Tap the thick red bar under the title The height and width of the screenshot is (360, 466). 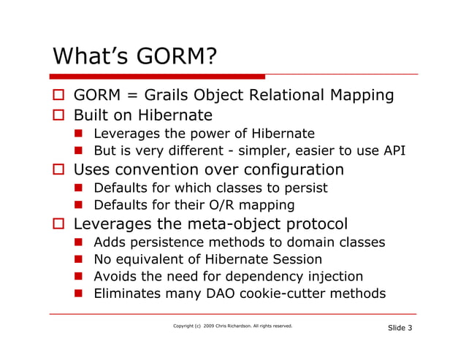(157, 76)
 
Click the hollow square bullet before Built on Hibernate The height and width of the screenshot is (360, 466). (58, 115)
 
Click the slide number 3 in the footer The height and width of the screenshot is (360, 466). (410, 328)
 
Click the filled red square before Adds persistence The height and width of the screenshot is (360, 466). (78, 242)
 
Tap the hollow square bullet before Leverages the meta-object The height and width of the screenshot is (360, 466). (58, 224)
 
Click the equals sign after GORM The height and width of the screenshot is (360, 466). (124, 96)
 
